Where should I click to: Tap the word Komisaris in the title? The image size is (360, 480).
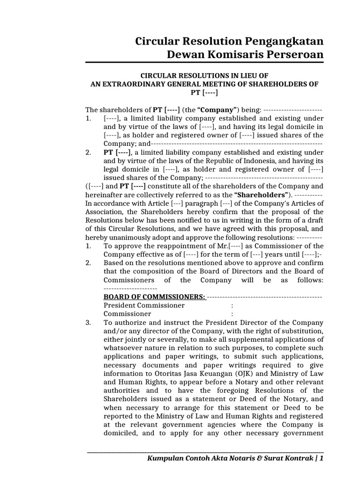(226, 55)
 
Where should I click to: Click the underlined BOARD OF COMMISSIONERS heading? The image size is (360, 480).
(154, 297)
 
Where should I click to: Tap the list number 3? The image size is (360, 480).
(88, 322)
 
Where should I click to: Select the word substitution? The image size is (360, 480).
(303, 331)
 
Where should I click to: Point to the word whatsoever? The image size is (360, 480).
(124, 348)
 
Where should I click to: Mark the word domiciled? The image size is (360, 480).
(121, 433)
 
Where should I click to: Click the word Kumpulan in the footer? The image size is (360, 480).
(166, 458)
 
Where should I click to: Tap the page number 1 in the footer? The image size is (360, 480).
(321, 458)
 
